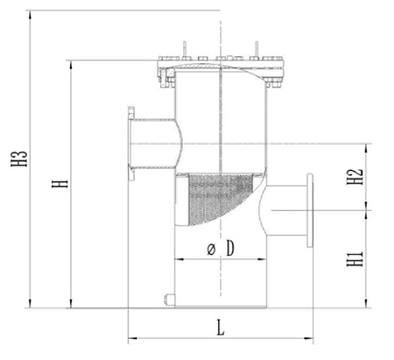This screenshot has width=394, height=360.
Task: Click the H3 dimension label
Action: point(19,159)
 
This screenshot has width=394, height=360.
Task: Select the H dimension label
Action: point(60,184)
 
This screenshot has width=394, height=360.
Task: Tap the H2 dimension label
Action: point(355,177)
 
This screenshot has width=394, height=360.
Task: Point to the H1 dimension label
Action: point(355,258)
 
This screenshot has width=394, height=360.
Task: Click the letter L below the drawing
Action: point(221,328)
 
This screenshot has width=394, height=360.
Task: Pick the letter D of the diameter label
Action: point(230,249)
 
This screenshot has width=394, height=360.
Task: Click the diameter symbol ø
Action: point(211,250)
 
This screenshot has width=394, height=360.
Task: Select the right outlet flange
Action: point(310,210)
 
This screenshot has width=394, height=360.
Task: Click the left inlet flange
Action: point(131,144)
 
